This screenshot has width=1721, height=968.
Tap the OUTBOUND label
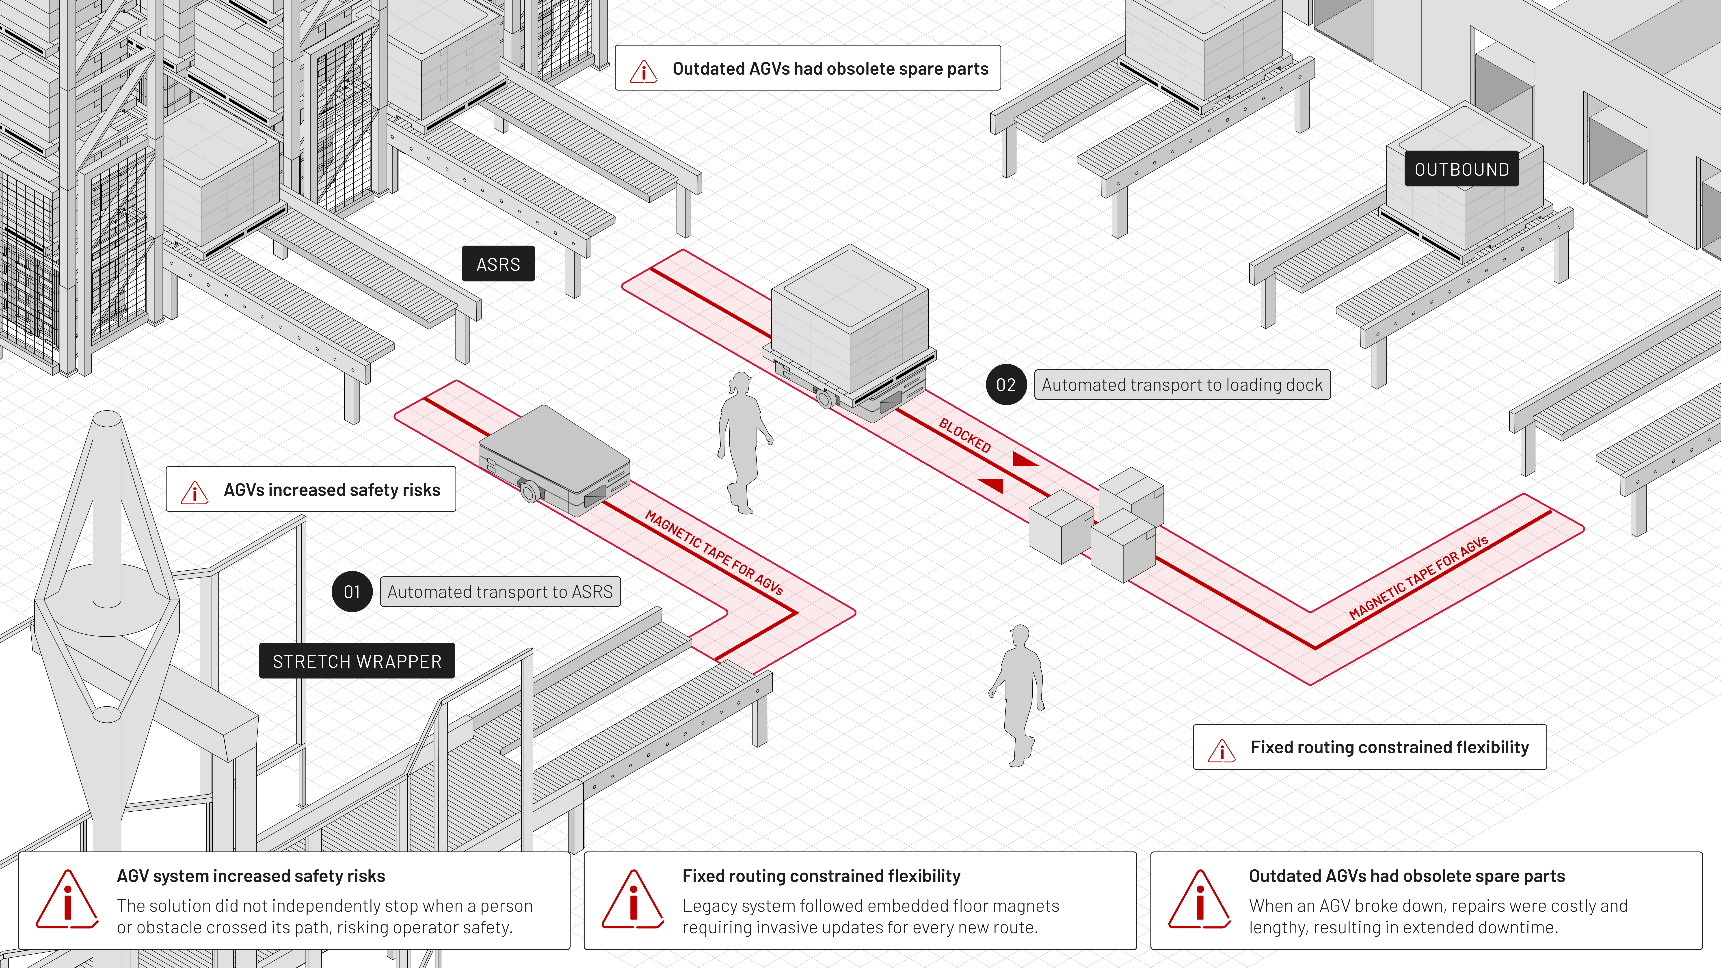click(1462, 169)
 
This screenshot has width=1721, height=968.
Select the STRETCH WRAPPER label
click(357, 661)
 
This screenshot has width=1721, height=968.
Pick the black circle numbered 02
click(1006, 385)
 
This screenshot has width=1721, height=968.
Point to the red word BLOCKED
click(965, 435)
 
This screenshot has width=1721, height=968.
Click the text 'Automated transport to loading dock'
click(1182, 385)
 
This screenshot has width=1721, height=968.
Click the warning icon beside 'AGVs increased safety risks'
click(195, 492)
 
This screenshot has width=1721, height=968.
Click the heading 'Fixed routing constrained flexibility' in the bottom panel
click(821, 876)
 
